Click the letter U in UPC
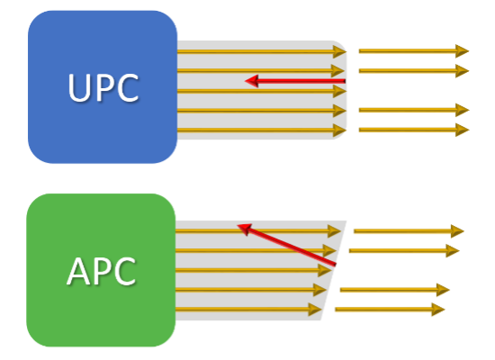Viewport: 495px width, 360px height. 78,88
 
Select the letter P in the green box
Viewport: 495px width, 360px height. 103,271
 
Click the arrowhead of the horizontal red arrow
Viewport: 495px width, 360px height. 252,81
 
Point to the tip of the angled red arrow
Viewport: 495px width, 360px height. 237,225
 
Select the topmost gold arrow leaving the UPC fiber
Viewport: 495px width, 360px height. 414,50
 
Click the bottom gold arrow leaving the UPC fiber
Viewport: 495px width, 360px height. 414,130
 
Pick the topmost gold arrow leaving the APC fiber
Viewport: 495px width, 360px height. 409,231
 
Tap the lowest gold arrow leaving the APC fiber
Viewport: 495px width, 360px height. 390,310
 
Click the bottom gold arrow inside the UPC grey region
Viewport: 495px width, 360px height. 262,130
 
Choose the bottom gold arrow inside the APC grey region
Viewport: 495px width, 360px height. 248,310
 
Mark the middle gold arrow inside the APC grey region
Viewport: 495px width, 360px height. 254,270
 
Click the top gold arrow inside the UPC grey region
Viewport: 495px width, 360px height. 262,51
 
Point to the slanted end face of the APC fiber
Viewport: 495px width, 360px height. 334,270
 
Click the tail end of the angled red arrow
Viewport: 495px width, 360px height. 336,264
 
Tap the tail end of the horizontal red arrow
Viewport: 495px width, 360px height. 345,81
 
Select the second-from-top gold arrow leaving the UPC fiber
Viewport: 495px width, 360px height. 414,71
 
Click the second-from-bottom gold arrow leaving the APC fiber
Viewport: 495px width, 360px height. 395,290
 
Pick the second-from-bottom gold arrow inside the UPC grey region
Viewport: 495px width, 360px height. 262,111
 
